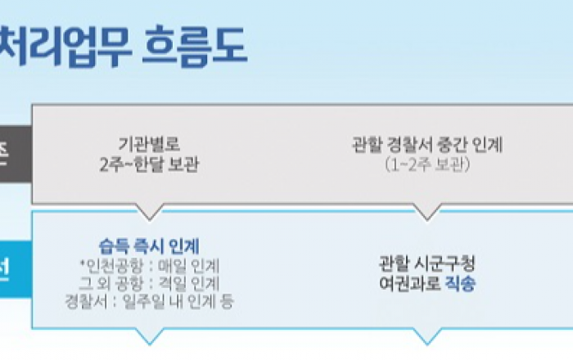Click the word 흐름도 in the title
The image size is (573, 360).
pos(193,47)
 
